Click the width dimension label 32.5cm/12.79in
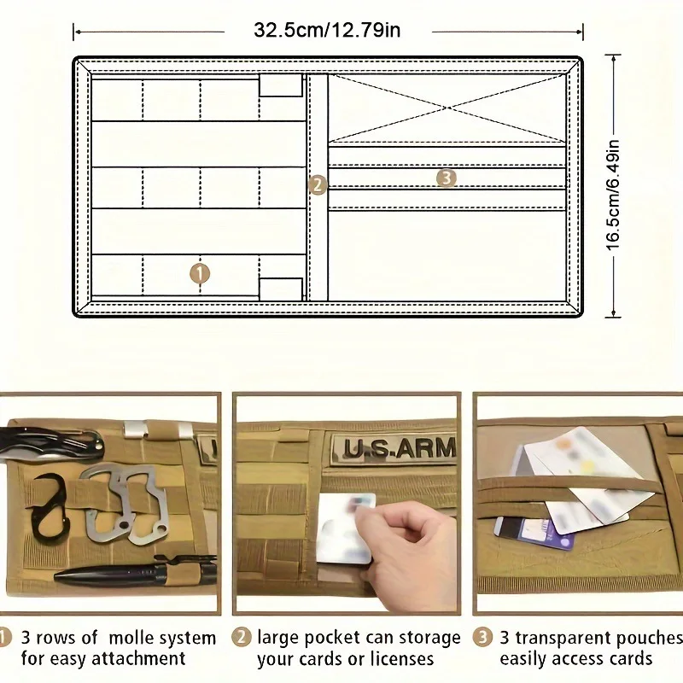(327, 31)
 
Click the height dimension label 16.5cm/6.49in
(614, 187)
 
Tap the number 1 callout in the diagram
(199, 273)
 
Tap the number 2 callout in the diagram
(318, 184)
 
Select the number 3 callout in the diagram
(446, 178)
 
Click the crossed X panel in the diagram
(447, 108)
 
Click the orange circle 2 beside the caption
(242, 638)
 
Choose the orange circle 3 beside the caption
(483, 638)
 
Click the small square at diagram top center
(280, 85)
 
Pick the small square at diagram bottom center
(280, 289)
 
